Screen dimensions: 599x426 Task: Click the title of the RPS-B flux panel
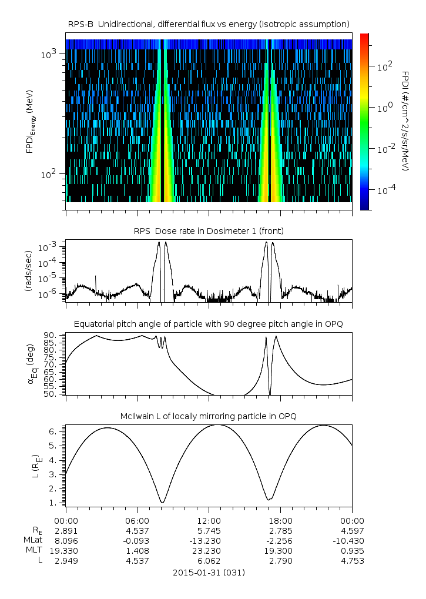209,24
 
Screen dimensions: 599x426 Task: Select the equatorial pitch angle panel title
209,324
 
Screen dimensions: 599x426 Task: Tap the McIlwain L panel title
209,416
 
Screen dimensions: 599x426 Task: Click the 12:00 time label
209,521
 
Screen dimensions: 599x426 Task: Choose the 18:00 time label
280,521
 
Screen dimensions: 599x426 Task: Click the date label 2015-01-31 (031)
209,572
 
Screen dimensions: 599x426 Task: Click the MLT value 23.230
209,551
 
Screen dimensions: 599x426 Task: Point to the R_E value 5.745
209,531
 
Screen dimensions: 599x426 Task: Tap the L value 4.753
352,561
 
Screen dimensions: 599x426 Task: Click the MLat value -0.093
137,541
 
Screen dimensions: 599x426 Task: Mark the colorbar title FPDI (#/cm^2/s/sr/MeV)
405,121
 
